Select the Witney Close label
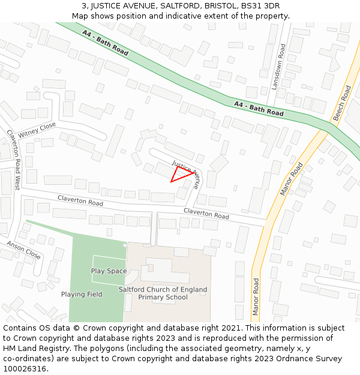(x=37, y=129)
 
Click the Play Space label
(x=109, y=271)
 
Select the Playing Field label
(x=82, y=295)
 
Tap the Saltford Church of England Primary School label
(x=163, y=293)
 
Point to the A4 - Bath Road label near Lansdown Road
(x=259, y=109)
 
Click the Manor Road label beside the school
(x=256, y=296)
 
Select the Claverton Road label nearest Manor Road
(x=206, y=213)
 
